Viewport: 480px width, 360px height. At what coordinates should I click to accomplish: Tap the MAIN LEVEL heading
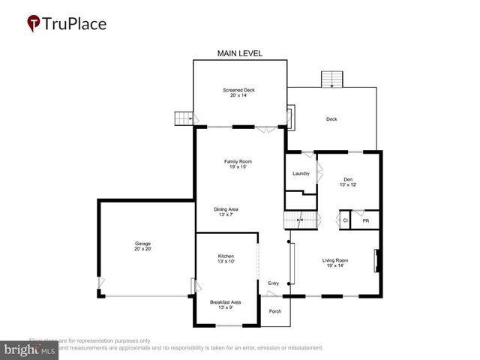coord(239,53)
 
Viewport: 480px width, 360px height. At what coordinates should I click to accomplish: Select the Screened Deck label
coord(239,92)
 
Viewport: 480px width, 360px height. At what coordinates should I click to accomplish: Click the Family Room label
coord(238,163)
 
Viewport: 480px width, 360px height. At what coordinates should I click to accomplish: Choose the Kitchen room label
coord(226,258)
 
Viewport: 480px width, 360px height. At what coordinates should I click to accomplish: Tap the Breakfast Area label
coord(225,304)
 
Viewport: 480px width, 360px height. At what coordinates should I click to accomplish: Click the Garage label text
coord(142,246)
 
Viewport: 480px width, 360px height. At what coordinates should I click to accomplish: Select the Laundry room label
coord(301,173)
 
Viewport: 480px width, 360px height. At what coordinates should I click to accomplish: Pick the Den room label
coord(347,181)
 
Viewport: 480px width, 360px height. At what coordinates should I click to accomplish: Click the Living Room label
coord(335,262)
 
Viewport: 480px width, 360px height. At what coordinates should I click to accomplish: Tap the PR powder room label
coord(365,221)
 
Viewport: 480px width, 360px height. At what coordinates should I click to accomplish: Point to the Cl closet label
coord(345,221)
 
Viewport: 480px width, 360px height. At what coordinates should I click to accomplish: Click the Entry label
coord(273,283)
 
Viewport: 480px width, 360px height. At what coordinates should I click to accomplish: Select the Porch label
coord(275,310)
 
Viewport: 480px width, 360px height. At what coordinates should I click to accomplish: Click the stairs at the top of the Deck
coord(331,79)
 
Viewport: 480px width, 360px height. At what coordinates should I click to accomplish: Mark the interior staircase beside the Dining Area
coord(296,221)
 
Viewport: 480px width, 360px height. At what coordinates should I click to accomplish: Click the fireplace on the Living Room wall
coord(377,261)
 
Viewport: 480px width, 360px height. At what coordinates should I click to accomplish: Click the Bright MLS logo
coord(30,349)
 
